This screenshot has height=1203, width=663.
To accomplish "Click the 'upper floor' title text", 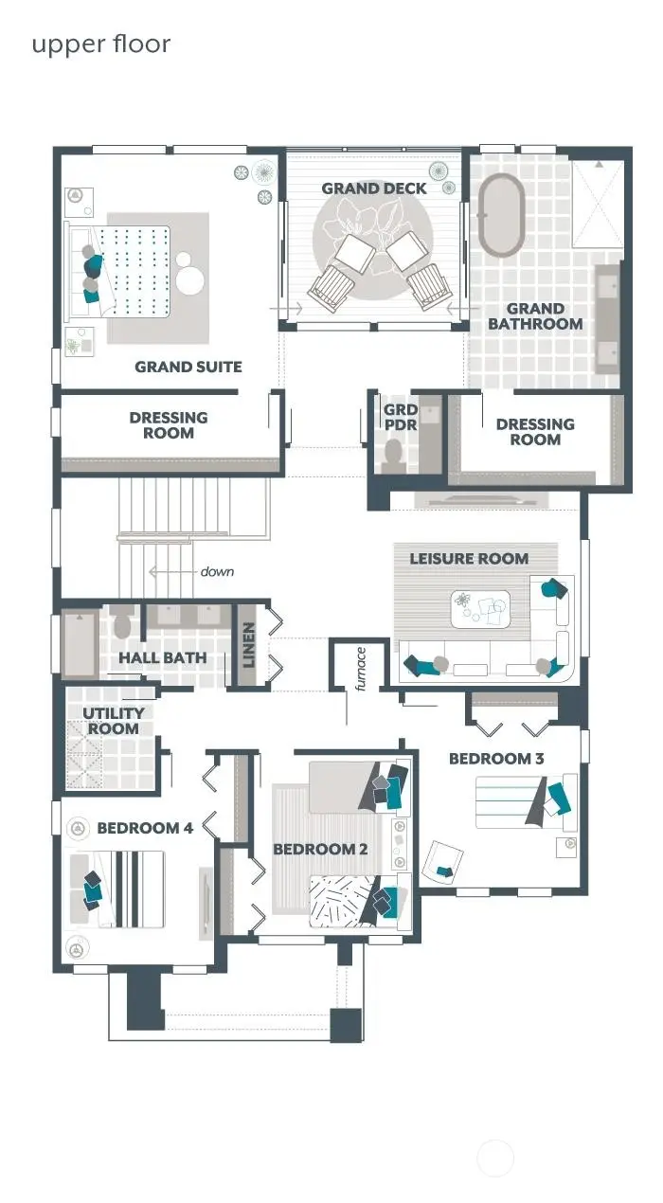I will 101,44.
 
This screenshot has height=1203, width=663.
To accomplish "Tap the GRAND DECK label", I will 374,189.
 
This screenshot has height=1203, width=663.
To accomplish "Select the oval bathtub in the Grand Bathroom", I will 500,215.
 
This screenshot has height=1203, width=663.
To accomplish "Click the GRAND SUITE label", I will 188,367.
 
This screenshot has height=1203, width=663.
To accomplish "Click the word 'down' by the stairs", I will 217,572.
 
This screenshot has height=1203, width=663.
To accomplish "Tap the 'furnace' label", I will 361,669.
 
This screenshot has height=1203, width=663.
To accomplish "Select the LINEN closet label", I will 249,644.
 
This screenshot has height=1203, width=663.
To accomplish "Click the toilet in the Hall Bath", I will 122,626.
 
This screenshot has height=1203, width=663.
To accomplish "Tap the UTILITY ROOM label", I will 113,721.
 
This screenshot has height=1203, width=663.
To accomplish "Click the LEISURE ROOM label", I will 469,559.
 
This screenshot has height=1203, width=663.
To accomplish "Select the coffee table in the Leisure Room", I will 479,608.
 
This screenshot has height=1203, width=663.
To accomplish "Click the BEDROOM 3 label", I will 496,759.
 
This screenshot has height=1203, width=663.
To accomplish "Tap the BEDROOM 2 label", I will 320,849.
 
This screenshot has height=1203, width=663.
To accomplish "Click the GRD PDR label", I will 400,418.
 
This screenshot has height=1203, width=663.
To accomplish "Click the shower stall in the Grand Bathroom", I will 599,203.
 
